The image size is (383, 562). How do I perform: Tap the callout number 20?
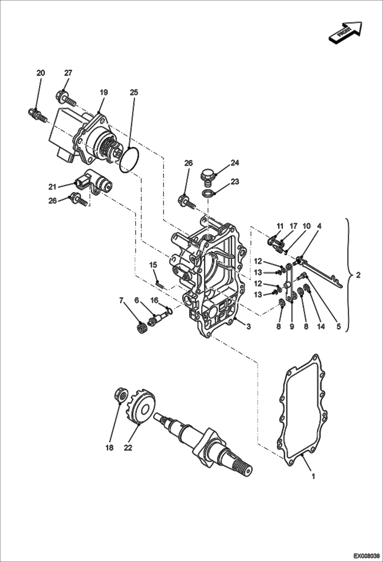pos(40,73)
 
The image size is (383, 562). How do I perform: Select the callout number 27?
pos(68,73)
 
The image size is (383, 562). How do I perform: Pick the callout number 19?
pos(104,92)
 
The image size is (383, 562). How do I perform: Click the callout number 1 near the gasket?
pos(313,476)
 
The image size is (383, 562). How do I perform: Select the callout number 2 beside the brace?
pos(358,275)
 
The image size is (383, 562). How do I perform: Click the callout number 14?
pos(321,326)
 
